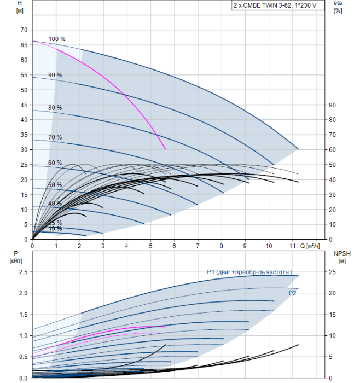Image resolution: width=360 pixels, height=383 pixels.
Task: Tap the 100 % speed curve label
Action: (x=57, y=39)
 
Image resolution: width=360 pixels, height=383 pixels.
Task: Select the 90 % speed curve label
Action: (x=55, y=75)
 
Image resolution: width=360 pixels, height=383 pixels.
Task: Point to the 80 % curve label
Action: (x=55, y=108)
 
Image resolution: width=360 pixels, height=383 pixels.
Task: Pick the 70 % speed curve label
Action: (x=55, y=137)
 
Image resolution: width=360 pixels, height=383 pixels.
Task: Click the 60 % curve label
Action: (x=55, y=163)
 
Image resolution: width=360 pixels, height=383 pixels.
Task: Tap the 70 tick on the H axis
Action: (x=23, y=30)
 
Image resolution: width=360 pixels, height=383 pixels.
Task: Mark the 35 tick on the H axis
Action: (x=23, y=135)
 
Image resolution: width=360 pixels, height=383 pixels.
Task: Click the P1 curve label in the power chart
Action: (x=249, y=272)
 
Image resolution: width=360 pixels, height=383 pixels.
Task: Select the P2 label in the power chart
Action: (x=293, y=294)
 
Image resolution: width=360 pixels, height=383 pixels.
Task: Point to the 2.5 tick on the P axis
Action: (x=22, y=272)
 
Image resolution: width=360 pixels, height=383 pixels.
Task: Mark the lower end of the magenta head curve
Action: (x=165, y=149)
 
